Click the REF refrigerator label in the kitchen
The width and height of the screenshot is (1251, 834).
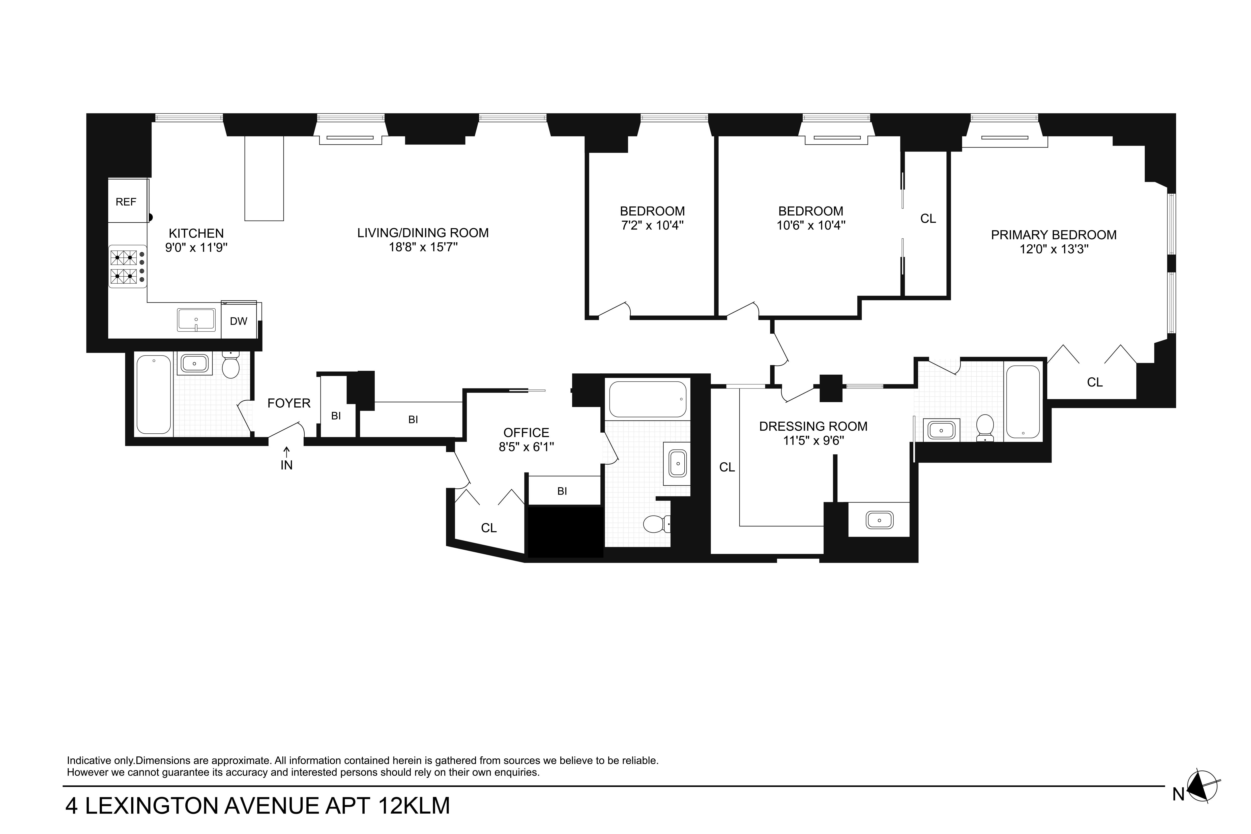coord(126,202)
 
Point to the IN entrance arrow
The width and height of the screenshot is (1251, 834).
coord(287,452)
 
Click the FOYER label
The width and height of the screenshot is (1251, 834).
coord(289,403)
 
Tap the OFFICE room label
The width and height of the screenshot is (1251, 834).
coord(526,433)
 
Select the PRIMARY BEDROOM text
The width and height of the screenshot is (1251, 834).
coord(1054,235)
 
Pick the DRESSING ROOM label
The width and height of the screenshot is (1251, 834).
coord(813,427)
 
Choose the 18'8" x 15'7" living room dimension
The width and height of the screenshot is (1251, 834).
coord(423,247)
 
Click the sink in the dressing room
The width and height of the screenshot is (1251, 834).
coord(879,520)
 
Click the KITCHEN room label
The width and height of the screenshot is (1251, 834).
coord(196,233)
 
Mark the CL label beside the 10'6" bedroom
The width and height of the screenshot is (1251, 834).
coord(928,219)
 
